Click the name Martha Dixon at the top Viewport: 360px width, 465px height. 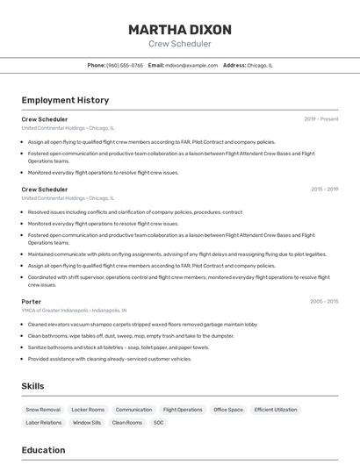tap(180, 29)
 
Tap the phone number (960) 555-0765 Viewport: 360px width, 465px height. tap(125, 65)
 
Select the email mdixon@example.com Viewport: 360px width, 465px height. tap(191, 65)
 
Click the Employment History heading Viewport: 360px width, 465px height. tap(65, 100)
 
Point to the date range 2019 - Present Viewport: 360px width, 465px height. tap(321, 118)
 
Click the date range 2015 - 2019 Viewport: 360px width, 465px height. tap(324, 189)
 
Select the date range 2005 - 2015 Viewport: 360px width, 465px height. tap(324, 301)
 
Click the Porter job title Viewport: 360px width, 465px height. tap(32, 301)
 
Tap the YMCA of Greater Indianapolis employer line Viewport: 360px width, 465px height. tap(74, 310)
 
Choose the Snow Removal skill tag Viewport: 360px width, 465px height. tap(43, 410)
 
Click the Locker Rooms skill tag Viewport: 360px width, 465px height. tap(88, 410)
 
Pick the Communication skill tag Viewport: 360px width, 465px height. tap(133, 410)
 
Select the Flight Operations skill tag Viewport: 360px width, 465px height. tap(183, 410)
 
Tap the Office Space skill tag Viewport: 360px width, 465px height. tap(228, 410)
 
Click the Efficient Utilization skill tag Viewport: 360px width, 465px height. tap(276, 410)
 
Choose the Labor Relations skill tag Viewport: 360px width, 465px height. tap(44, 423)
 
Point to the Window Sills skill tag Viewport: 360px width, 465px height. tap(87, 423)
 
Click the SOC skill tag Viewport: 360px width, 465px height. tap(159, 423)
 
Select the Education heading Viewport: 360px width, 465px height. tap(43, 450)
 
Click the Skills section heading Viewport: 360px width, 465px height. tap(32, 386)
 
